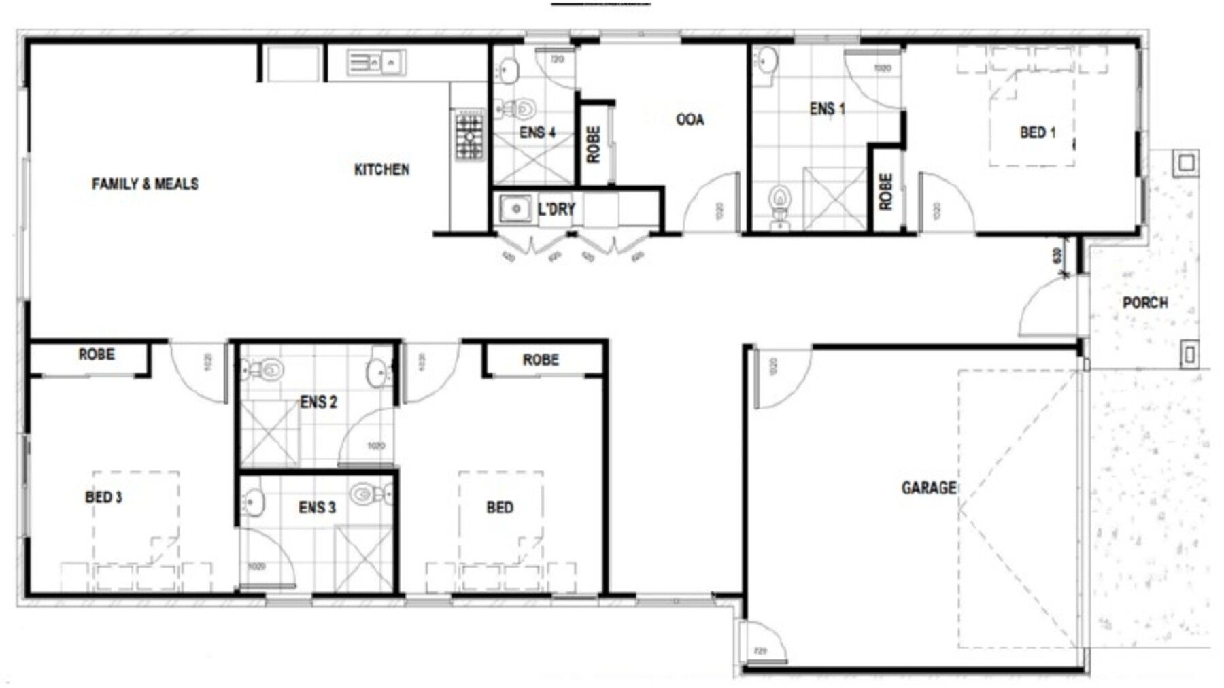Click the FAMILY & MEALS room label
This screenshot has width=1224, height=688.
pyautogui.click(x=145, y=184)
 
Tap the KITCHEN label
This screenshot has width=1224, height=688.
pyautogui.click(x=381, y=169)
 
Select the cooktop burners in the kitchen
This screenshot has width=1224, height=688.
pyautogui.click(x=469, y=137)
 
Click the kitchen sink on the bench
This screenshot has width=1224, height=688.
pyautogui.click(x=374, y=63)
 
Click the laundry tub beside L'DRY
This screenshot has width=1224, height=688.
pyautogui.click(x=515, y=209)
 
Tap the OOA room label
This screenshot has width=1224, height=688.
pyautogui.click(x=690, y=120)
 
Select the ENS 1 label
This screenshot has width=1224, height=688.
pyautogui.click(x=827, y=109)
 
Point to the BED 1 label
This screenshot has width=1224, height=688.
pyautogui.click(x=1038, y=133)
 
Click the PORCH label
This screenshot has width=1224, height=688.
pyautogui.click(x=1145, y=303)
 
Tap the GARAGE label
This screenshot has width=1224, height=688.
pyautogui.click(x=928, y=487)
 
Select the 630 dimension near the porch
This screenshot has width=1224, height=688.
pyautogui.click(x=1057, y=256)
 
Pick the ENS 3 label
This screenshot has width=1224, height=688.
pyautogui.click(x=317, y=507)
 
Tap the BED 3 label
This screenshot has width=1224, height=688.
pyautogui.click(x=103, y=497)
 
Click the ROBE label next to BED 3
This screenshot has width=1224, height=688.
pyautogui.click(x=97, y=354)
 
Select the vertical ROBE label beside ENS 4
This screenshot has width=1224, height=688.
pyautogui.click(x=594, y=144)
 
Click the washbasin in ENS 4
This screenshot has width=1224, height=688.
pyautogui.click(x=508, y=68)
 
